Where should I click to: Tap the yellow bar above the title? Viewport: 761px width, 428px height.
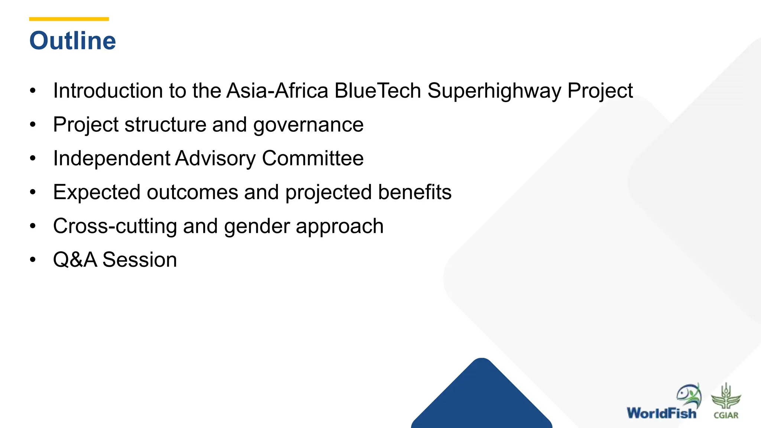[69, 19]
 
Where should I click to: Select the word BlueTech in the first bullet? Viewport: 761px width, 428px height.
[377, 91]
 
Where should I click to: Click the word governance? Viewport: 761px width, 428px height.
[308, 125]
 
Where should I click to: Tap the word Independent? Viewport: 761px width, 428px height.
[111, 159]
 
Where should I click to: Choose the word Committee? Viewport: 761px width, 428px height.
[313, 159]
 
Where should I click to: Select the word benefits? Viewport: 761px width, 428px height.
[414, 192]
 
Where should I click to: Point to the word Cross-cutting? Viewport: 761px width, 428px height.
[115, 226]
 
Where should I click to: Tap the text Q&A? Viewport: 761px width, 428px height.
[75, 260]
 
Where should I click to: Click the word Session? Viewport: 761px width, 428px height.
[139, 260]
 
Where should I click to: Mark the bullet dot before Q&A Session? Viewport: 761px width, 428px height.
[33, 260]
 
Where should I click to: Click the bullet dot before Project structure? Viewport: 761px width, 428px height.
[33, 125]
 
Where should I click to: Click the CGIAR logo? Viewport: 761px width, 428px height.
[726, 401]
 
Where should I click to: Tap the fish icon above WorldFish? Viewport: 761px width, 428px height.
[689, 395]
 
